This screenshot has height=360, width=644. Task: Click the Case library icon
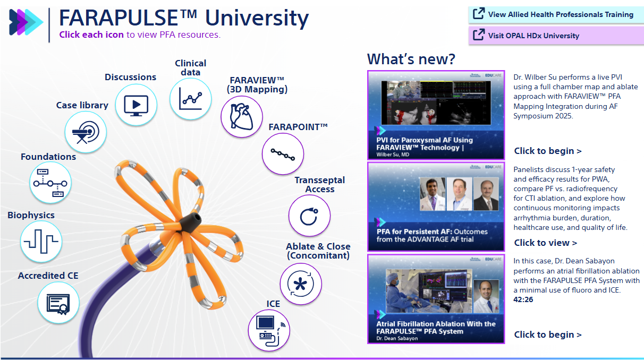coord(86,131)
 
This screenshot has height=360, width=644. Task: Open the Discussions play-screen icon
coord(136,104)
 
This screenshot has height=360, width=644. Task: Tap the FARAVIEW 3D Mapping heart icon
coord(242,116)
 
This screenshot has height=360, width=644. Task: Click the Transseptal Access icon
coord(309,216)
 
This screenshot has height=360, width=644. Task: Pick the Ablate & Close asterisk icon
coord(300,283)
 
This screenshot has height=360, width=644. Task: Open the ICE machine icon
coord(269,330)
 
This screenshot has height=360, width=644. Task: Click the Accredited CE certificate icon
coord(58,303)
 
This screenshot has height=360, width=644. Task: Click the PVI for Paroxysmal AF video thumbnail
coord(435,115)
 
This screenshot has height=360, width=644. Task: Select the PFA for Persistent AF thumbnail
coord(435,207)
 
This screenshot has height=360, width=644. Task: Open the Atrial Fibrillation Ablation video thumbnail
coord(435,298)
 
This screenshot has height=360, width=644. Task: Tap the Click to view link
coord(545,243)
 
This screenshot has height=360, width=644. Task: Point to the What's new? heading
coord(411,59)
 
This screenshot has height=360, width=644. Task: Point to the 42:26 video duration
coord(523,299)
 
